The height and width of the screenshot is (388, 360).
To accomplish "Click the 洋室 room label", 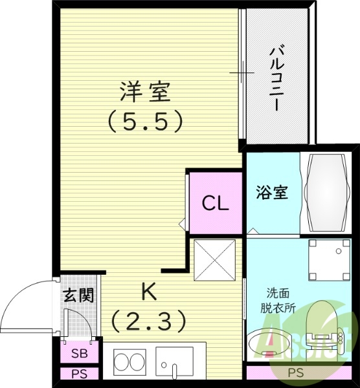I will (x=145, y=92).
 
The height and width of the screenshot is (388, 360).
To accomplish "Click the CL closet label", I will (x=215, y=204).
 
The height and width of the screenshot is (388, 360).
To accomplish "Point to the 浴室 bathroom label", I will (x=271, y=192).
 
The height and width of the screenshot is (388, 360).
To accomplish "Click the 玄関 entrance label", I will (x=78, y=296).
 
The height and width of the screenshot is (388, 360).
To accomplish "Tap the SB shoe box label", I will (x=79, y=353).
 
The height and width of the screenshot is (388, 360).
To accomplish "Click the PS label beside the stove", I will (x=79, y=374).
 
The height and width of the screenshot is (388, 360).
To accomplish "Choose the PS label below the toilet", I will (x=295, y=372).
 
